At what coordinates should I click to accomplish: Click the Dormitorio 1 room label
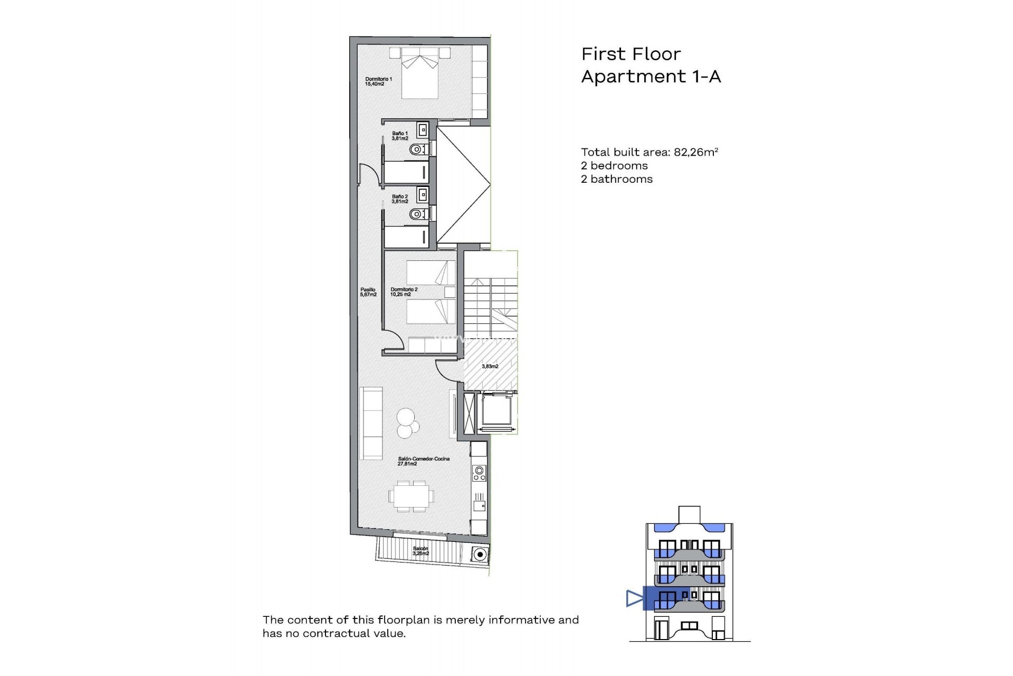(x=378, y=81)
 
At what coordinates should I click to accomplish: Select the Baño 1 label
(x=400, y=136)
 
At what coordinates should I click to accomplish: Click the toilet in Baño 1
(x=418, y=150)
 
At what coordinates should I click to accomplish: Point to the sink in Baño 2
(x=422, y=195)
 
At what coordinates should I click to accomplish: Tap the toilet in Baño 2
(x=418, y=214)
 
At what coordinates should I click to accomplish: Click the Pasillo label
(x=368, y=292)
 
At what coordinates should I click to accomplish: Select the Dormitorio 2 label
(x=404, y=292)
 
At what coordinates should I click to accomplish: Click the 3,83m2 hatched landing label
(x=490, y=366)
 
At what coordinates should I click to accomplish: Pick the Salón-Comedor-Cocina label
(x=423, y=461)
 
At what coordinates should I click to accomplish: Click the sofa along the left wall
(x=371, y=422)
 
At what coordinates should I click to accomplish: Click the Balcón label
(x=421, y=551)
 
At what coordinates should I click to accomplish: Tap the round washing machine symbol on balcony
(x=479, y=555)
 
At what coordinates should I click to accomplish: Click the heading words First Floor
(x=631, y=54)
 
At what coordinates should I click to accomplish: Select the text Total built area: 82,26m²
(x=649, y=152)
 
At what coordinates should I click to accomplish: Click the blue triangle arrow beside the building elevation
(x=634, y=598)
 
